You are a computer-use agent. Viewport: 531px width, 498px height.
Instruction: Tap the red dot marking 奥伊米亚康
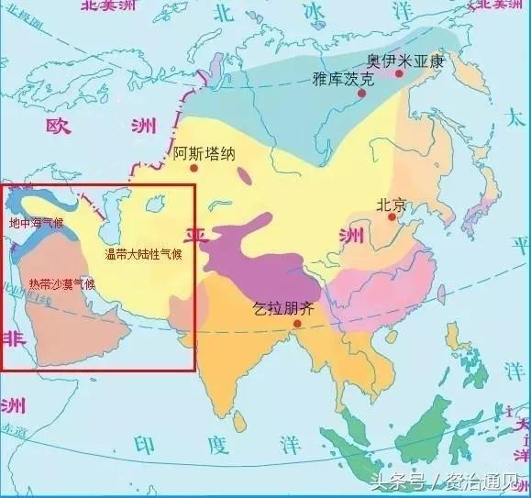(399, 73)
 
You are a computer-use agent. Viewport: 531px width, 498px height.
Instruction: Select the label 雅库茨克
(344, 80)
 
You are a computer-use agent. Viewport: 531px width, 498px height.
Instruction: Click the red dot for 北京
(392, 218)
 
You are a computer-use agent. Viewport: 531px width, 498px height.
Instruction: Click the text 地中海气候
(36, 223)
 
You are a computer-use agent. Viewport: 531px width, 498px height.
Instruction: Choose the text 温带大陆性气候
(143, 254)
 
